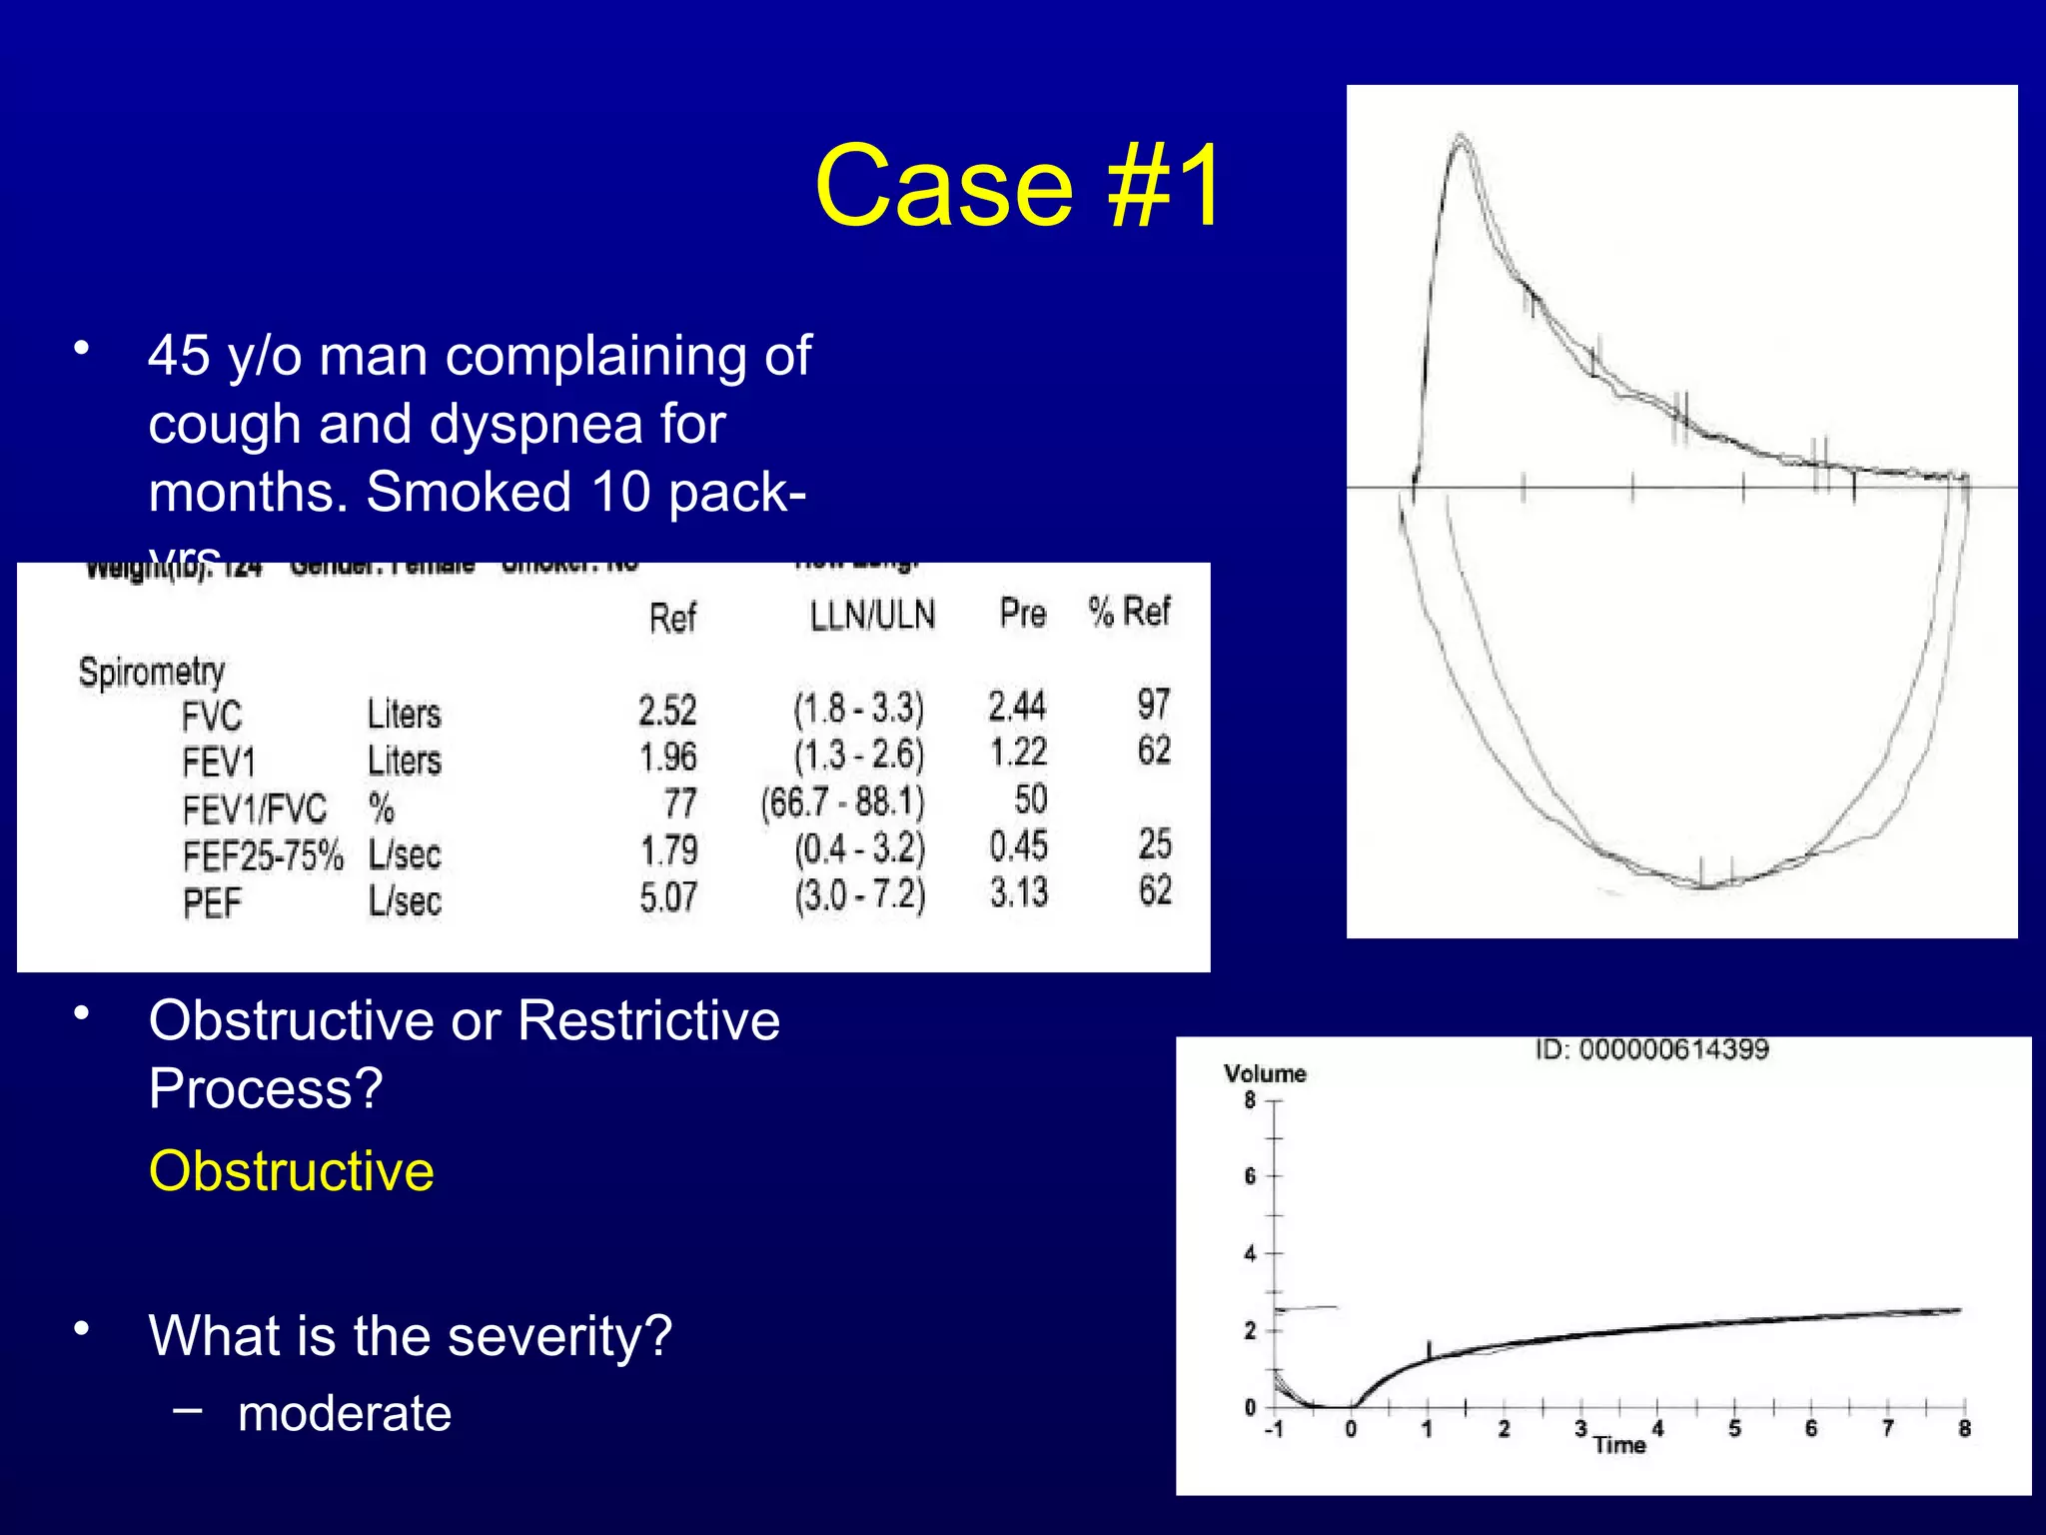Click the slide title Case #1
(x=1017, y=186)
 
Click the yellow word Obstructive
(x=291, y=1171)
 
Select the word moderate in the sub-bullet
(x=344, y=1413)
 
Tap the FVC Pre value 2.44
(x=1017, y=707)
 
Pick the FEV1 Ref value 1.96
(x=667, y=757)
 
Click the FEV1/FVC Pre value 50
(x=1030, y=799)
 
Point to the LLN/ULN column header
(x=872, y=616)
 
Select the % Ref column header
(x=1129, y=612)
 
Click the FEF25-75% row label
(x=262, y=856)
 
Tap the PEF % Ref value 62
(x=1154, y=890)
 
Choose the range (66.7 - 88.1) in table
(x=842, y=802)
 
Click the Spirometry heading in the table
(x=152, y=672)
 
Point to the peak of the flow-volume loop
(x=1461, y=137)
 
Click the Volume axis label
(x=1265, y=1074)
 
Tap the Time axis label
(x=1619, y=1445)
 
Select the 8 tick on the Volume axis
(x=1250, y=1101)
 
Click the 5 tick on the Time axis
(x=1734, y=1429)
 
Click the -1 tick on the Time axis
(x=1274, y=1430)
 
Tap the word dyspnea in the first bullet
(x=543, y=424)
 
